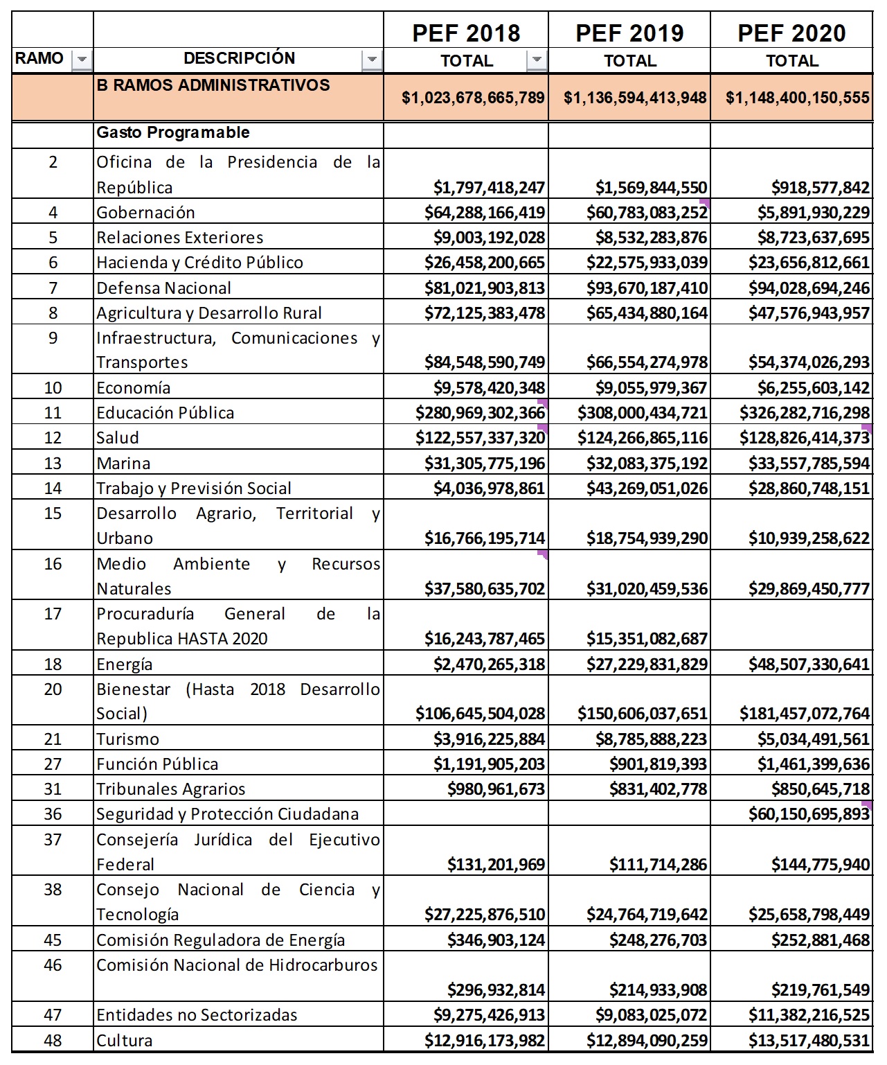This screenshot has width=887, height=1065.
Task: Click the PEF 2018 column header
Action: click(x=466, y=33)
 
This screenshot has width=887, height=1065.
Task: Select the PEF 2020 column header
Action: click(x=791, y=33)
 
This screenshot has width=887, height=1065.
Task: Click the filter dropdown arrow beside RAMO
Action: click(x=82, y=60)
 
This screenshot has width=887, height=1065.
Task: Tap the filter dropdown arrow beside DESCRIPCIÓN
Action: click(x=373, y=60)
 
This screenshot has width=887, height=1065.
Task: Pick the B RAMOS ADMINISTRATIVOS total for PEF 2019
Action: click(x=635, y=98)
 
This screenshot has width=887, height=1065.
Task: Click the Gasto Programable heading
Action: click(x=173, y=132)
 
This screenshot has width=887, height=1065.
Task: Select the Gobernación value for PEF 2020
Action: click(x=813, y=213)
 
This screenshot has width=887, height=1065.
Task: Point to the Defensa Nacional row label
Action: click(x=164, y=288)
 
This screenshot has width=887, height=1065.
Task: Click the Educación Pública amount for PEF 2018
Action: click(x=480, y=413)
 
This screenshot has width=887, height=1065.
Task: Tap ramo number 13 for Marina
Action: click(x=53, y=463)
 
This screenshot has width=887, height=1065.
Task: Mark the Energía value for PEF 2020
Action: click(x=809, y=664)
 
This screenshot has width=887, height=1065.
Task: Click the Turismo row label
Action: click(x=128, y=739)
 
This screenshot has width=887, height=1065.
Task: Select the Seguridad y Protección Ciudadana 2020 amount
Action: click(x=809, y=814)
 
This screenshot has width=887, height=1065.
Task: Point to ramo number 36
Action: click(x=53, y=814)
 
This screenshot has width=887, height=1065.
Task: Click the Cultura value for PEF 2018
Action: click(x=485, y=1041)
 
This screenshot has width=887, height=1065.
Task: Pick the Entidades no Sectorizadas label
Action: click(x=197, y=1015)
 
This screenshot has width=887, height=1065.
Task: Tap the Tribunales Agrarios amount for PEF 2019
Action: click(x=658, y=789)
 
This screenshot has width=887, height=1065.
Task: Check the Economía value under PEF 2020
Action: click(x=813, y=388)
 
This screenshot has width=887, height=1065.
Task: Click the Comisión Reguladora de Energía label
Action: click(x=220, y=940)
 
